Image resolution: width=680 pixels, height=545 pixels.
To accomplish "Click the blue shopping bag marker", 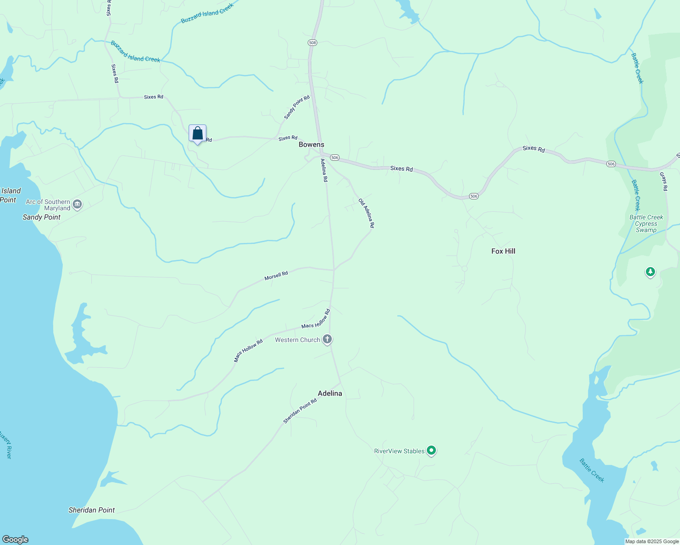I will pyautogui.click(x=197, y=134).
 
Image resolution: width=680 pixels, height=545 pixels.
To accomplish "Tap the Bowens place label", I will pyautogui.click(x=311, y=144).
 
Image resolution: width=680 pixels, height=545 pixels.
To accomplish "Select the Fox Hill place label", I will pyautogui.click(x=503, y=251).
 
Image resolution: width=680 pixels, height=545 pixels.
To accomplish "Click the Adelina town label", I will pyautogui.click(x=330, y=393).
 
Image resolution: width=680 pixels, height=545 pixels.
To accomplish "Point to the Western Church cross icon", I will pyautogui.click(x=327, y=339).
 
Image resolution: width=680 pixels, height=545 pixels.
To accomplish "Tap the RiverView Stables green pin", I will pyautogui.click(x=431, y=451).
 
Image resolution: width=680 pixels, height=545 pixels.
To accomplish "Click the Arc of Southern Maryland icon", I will pyautogui.click(x=77, y=205).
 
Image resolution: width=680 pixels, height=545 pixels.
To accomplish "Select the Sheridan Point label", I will pyautogui.click(x=92, y=510).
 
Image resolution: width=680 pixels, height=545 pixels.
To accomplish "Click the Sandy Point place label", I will pyautogui.click(x=42, y=217).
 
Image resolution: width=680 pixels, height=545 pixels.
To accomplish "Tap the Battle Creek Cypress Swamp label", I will pyautogui.click(x=646, y=223).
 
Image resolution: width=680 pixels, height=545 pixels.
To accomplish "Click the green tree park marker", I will pyautogui.click(x=650, y=272).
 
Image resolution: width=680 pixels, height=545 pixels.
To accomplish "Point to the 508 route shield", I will pyautogui.click(x=312, y=42).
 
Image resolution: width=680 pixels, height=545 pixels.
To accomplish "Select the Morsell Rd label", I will pyautogui.click(x=276, y=276).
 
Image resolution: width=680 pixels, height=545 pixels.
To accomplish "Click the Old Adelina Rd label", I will pyautogui.click(x=366, y=213).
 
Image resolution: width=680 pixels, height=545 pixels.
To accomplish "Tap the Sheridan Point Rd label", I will pyautogui.click(x=300, y=411).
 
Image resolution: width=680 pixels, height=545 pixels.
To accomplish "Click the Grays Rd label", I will pyautogui.click(x=664, y=181).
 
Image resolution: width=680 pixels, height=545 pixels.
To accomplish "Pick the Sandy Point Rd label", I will pyautogui.click(x=297, y=108).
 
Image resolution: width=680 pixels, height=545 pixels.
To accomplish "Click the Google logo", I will pyautogui.click(x=15, y=540).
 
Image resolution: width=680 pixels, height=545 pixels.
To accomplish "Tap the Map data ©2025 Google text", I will pyautogui.click(x=652, y=541).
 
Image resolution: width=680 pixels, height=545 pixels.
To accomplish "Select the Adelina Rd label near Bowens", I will pyautogui.click(x=324, y=170).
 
